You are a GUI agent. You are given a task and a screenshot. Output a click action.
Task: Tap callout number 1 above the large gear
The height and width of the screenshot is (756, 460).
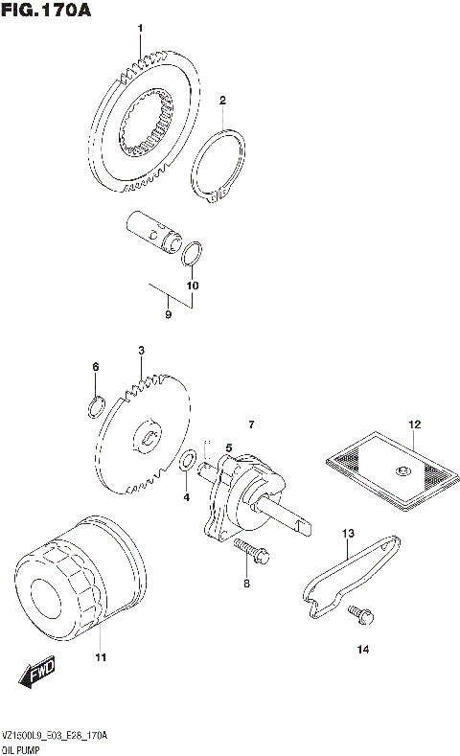pyautogui.click(x=140, y=29)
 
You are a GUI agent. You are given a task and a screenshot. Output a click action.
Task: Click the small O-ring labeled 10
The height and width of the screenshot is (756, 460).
pyautogui.click(x=192, y=255)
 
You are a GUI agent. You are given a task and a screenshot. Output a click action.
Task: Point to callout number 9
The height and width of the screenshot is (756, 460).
pyautogui.click(x=168, y=314)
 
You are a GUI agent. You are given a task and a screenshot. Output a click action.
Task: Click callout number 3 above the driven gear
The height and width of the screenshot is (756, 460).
pyautogui.click(x=140, y=352)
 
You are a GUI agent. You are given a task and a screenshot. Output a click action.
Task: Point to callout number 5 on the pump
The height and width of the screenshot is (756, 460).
pyautogui.click(x=229, y=447)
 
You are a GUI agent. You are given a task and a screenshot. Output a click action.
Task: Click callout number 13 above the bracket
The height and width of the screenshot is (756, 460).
pyautogui.click(x=348, y=533)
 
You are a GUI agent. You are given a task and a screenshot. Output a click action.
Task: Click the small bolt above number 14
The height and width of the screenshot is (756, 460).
pyautogui.click(x=360, y=610)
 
